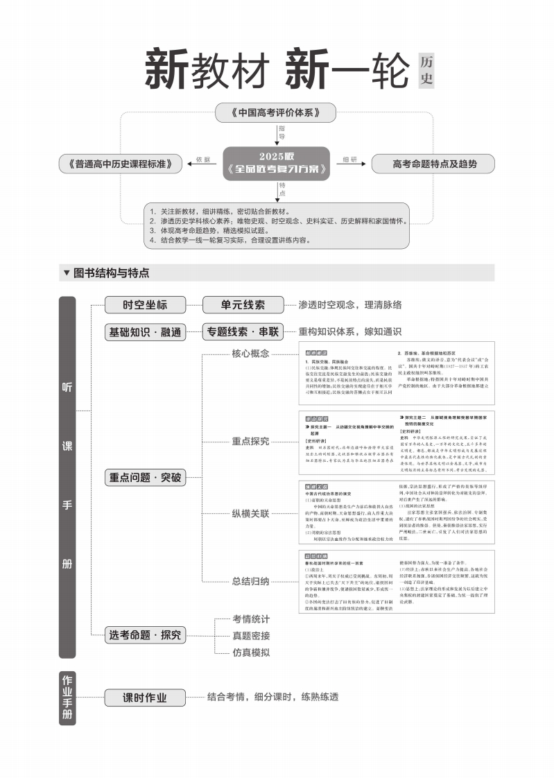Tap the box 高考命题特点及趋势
click(x=434, y=164)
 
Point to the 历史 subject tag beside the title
click(x=426, y=70)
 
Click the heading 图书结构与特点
click(x=111, y=273)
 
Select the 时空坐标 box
click(x=145, y=305)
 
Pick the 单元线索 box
click(x=243, y=305)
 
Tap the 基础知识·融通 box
click(x=145, y=332)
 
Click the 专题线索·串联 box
click(x=243, y=332)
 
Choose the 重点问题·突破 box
click(x=145, y=477)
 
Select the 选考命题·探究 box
click(x=145, y=634)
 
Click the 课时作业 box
click(x=145, y=698)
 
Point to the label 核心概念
click(x=250, y=354)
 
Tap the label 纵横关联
click(x=250, y=513)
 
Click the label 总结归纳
click(x=250, y=581)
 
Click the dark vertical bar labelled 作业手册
click(x=67, y=698)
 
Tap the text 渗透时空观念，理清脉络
click(x=349, y=305)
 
